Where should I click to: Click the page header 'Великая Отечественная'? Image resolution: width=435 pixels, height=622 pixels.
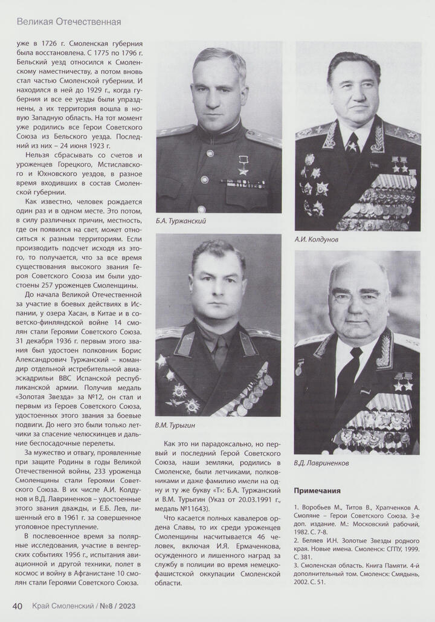click(x=69, y=22)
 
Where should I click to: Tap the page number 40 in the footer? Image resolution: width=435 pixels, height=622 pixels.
click(x=18, y=606)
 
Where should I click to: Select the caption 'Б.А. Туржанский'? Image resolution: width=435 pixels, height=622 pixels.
click(x=181, y=221)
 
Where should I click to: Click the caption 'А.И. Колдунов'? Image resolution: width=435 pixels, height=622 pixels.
click(x=316, y=239)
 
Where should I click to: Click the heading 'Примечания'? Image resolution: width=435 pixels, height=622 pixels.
click(x=317, y=490)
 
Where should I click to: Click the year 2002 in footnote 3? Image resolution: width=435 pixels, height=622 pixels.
click(x=304, y=582)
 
